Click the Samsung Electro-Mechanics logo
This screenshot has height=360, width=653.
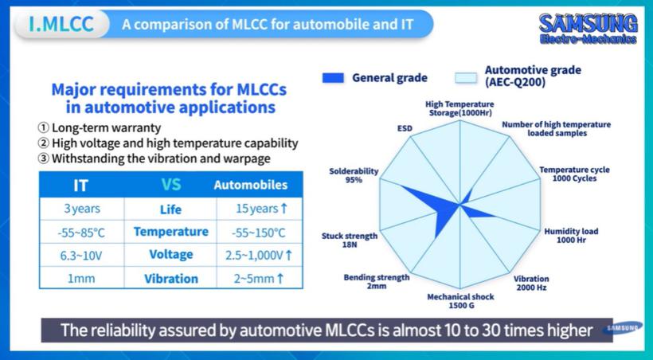point(588,29)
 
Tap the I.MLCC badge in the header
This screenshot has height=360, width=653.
point(61,24)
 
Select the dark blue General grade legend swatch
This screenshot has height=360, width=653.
point(333,77)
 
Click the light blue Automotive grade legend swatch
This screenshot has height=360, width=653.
point(466,77)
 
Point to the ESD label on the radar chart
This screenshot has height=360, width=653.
point(405,128)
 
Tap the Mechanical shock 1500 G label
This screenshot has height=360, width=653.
point(460,301)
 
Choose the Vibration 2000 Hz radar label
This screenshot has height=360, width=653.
point(531,283)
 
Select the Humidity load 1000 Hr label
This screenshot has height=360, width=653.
point(572,236)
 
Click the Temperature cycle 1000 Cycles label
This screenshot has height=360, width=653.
point(574,174)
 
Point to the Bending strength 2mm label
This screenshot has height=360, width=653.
point(377,282)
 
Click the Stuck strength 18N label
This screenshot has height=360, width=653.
point(350,240)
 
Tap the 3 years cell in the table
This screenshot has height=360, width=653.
point(81,209)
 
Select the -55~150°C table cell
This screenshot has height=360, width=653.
point(259,232)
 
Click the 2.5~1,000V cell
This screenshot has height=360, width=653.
point(259,255)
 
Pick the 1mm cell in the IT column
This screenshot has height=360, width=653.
point(81,278)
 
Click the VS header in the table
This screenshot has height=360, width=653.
point(170,184)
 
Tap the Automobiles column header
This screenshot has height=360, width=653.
point(251,185)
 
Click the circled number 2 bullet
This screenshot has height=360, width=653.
point(43,143)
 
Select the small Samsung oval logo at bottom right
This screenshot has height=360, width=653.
point(622,328)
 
